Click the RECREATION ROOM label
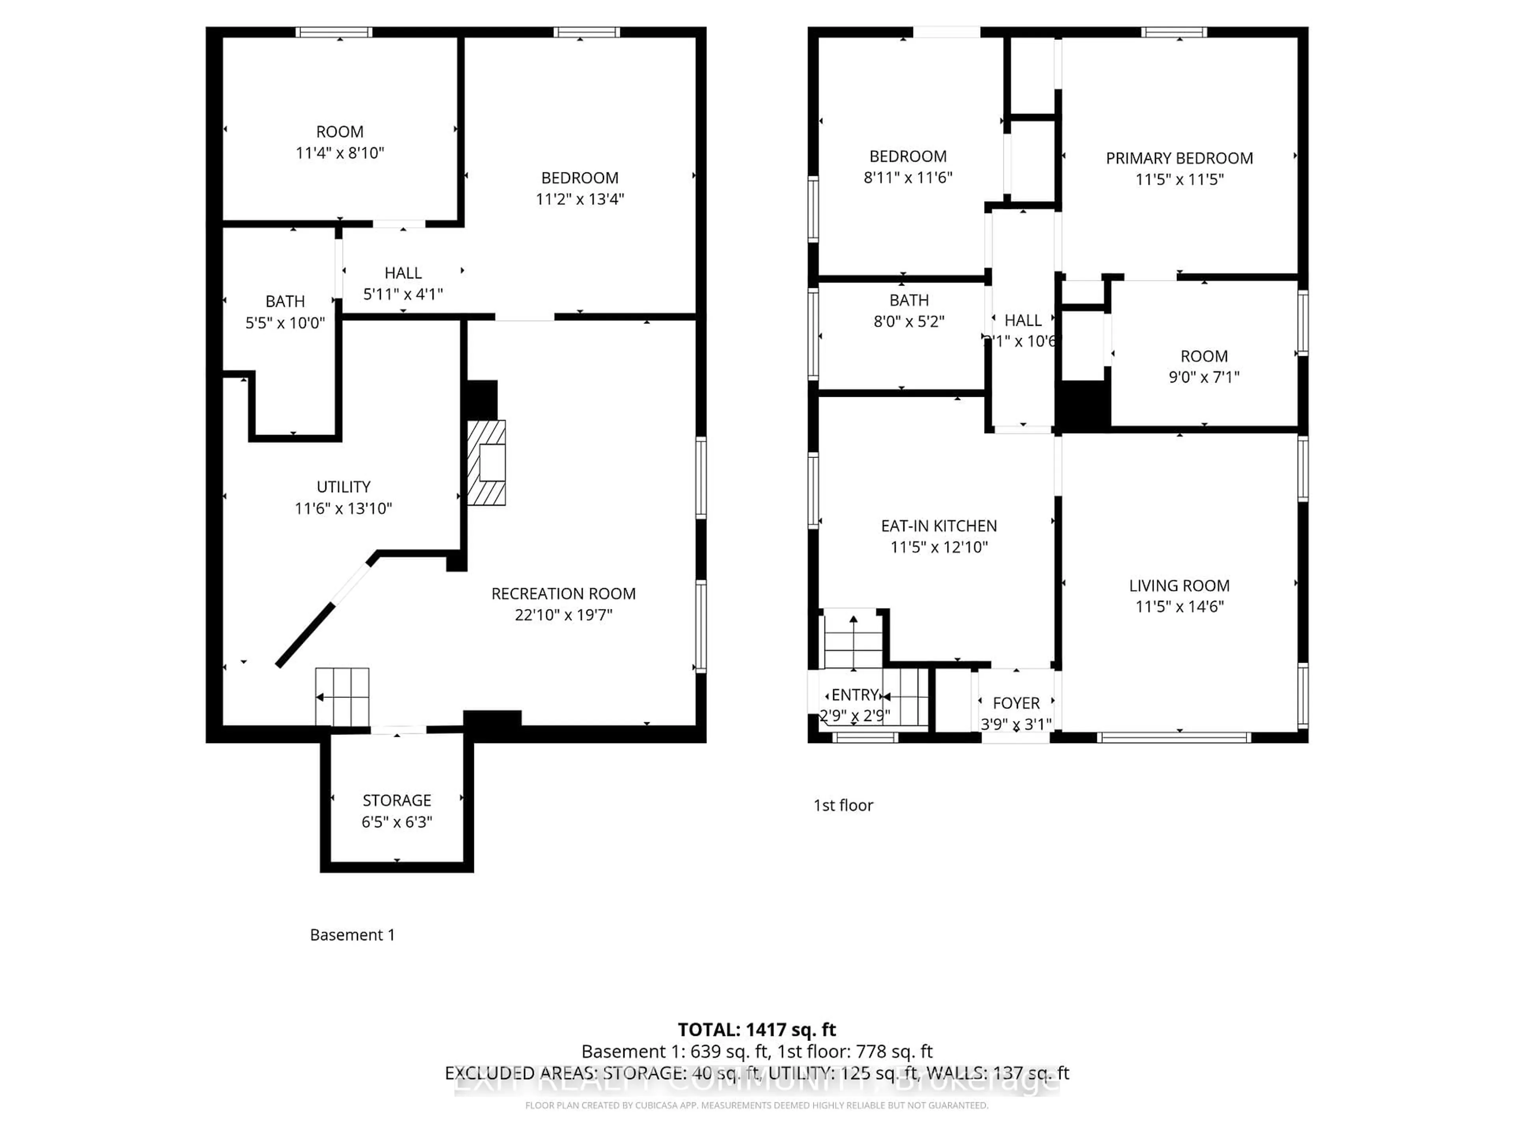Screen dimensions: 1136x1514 tap(563, 594)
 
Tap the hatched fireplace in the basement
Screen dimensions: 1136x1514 tap(487, 463)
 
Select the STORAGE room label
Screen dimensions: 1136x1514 tap(397, 800)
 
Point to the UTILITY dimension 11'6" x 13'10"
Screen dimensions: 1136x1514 tap(343, 508)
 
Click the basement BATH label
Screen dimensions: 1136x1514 tap(285, 301)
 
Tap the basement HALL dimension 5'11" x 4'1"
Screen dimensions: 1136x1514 tap(403, 294)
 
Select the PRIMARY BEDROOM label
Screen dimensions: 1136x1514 tap(1179, 158)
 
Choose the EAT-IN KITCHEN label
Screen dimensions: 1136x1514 tap(939, 526)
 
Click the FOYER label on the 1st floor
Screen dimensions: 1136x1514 tap(1016, 703)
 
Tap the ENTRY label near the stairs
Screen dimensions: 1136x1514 tap(855, 695)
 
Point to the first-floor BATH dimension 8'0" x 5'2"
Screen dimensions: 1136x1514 tap(909, 321)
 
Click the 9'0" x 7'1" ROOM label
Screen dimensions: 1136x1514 tap(1204, 356)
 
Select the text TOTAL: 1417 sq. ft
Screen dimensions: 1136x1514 tap(757, 1030)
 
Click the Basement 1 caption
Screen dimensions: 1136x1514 tap(352, 935)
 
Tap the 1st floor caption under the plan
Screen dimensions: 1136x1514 tap(843, 805)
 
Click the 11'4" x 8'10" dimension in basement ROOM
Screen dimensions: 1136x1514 tap(340, 153)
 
